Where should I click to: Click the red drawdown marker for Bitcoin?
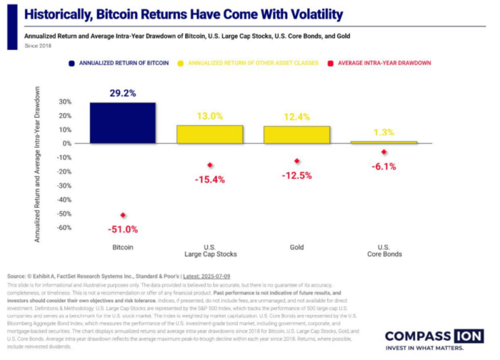(x=123, y=215)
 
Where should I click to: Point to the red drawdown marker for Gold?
(x=296, y=161)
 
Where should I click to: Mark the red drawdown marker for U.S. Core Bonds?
(x=383, y=152)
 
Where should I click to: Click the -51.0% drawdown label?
(x=123, y=229)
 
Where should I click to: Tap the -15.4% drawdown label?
(x=210, y=179)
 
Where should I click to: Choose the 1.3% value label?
(x=383, y=132)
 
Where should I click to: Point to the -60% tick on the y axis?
(x=65, y=228)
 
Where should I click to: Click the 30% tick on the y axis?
(x=65, y=102)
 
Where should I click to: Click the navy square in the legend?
(x=71, y=63)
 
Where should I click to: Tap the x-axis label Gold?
(x=296, y=247)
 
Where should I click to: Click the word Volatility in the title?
(x=308, y=14)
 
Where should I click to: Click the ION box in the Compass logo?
(x=466, y=336)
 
